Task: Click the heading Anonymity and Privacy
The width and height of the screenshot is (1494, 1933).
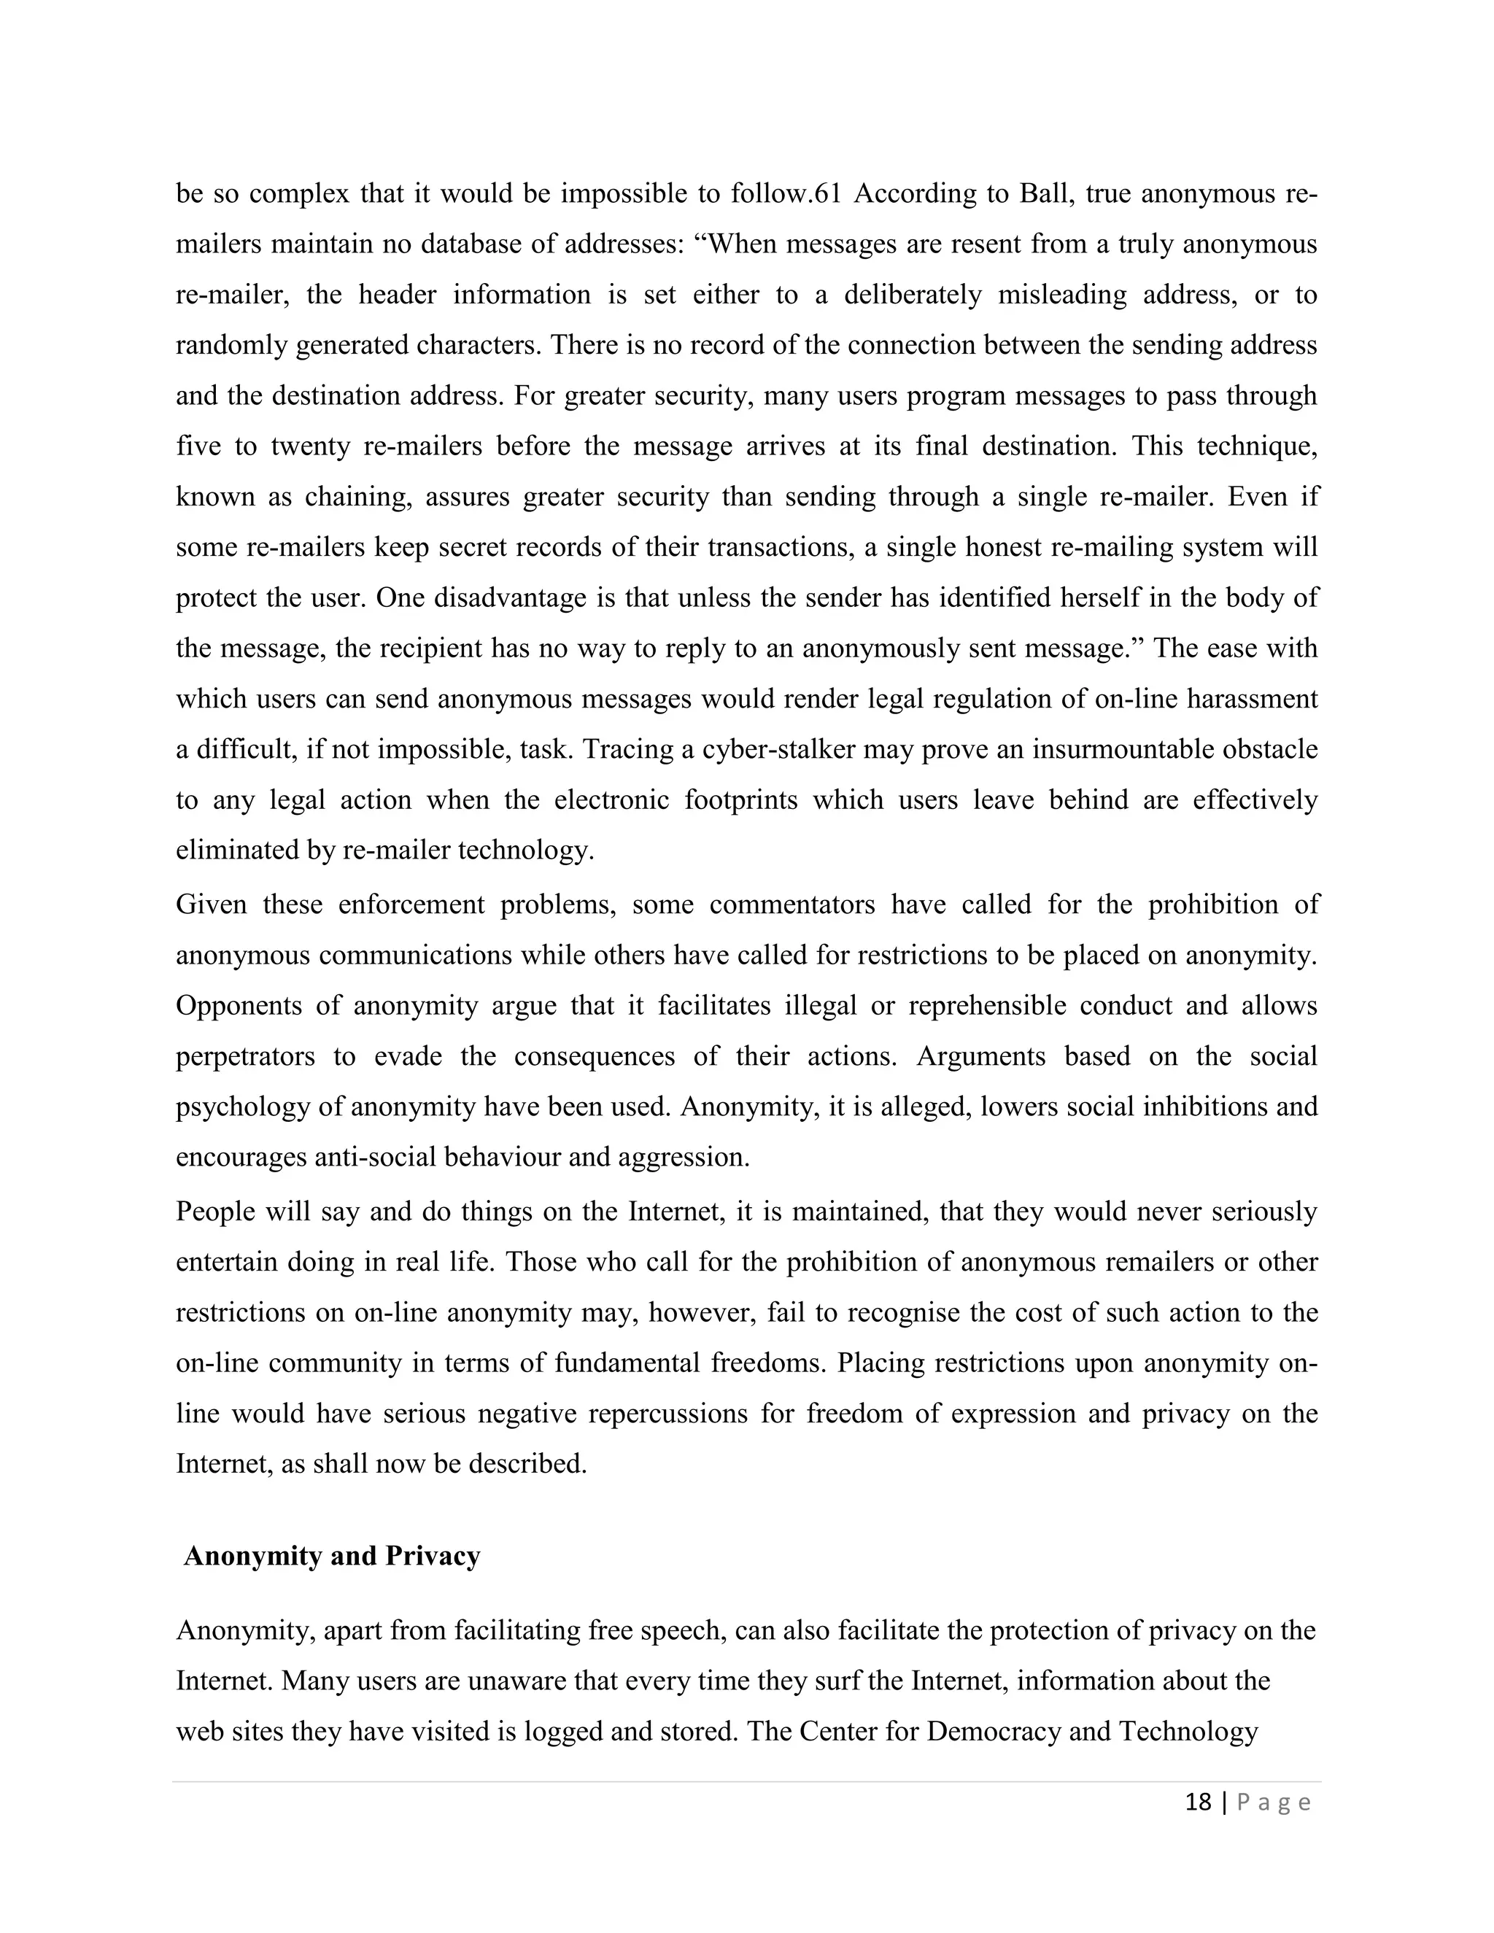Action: [332, 1556]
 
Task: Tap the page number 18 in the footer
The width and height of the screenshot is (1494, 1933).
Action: [1198, 1802]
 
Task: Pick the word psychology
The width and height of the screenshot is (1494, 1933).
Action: [241, 1107]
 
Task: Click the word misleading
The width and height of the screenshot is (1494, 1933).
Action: [1062, 294]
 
